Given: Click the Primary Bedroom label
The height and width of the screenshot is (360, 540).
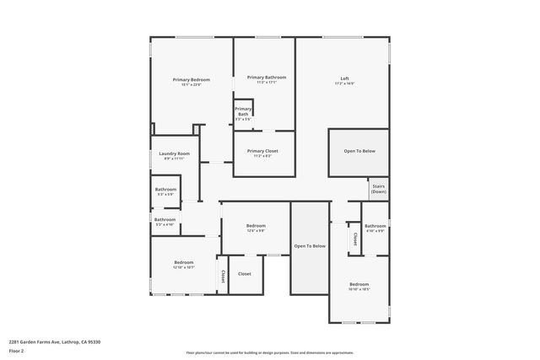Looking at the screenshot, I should tap(192, 79).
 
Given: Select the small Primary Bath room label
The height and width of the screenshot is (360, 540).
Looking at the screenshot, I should tap(243, 111).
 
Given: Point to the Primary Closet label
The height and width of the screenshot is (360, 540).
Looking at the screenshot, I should tap(262, 151).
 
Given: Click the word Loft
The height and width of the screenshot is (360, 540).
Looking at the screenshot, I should tap(344, 78).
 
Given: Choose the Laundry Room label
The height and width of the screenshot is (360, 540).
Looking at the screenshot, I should tap(175, 153).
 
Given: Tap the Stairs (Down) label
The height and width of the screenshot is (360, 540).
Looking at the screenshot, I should tap(379, 189).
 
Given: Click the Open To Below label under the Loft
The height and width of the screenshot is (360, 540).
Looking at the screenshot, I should tap(359, 151).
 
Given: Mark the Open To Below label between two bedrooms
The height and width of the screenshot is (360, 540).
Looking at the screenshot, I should tap(310, 245).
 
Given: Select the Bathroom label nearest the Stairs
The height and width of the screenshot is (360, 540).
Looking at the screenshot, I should tap(375, 226).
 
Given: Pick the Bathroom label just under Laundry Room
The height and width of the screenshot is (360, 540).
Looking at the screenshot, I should tap(165, 190).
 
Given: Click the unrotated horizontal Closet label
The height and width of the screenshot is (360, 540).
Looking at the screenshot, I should tap(244, 274).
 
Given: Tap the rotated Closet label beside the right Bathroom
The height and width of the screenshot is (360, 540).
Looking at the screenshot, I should tap(354, 238).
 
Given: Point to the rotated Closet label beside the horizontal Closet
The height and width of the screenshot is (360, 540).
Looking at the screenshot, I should tap(223, 276).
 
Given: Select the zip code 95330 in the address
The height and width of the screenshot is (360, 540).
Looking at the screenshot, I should tap(93, 341).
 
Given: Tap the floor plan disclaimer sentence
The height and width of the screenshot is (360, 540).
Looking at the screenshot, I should tap(270, 352).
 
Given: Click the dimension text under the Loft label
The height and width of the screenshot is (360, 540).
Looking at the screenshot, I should tap(344, 83).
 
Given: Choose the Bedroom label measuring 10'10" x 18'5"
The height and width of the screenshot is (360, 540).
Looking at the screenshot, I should tap(359, 284).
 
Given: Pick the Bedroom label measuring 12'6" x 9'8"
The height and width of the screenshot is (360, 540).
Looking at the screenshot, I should tap(256, 226).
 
